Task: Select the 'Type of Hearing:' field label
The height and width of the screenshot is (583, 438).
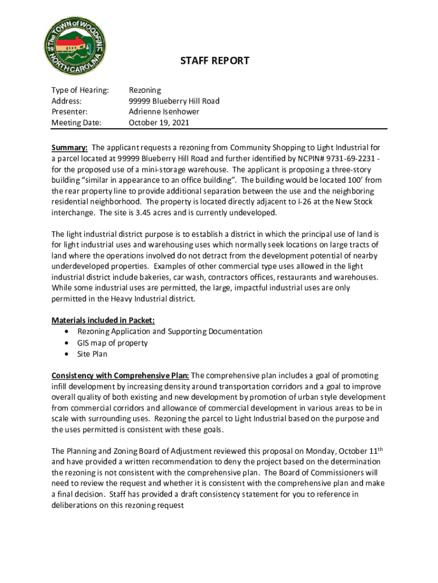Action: (x=80, y=90)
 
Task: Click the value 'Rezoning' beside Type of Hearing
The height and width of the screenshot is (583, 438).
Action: (x=145, y=90)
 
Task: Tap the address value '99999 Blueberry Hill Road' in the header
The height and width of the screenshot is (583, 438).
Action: (x=174, y=101)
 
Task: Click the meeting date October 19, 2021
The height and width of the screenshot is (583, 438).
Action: (x=159, y=122)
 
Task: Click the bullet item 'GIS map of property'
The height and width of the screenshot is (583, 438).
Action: (x=112, y=343)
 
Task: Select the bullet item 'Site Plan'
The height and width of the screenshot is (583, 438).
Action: (x=92, y=354)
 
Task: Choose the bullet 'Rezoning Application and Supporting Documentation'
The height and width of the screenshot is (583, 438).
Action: (x=170, y=331)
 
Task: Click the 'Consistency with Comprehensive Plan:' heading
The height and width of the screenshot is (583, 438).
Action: (x=120, y=375)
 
